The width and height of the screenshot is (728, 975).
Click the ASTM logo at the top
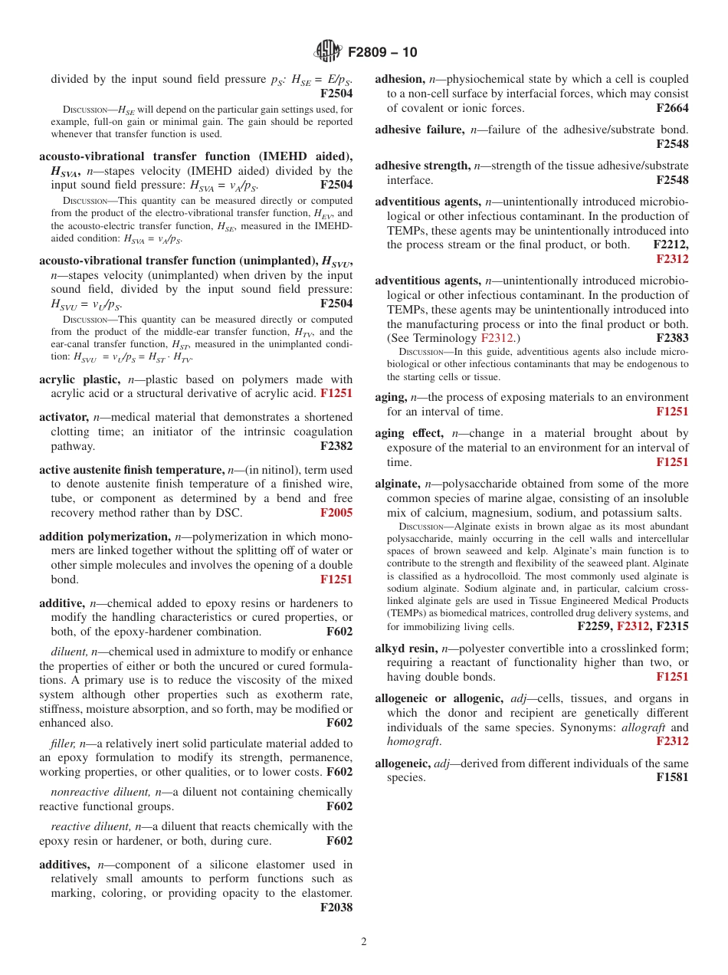tap(328, 52)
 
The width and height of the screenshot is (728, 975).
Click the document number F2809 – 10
tap(382, 52)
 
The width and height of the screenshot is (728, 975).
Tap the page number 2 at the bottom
tap(364, 942)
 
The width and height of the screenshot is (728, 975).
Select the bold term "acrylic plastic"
tap(79, 379)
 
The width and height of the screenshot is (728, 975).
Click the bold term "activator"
tap(64, 417)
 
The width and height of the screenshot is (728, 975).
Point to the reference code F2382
tap(336, 446)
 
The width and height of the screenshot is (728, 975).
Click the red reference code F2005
tap(336, 513)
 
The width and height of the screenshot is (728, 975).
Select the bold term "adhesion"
tap(399, 79)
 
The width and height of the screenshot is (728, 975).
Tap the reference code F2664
tap(672, 108)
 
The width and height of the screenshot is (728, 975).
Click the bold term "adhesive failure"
tap(419, 130)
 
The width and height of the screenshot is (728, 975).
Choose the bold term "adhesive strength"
tap(422, 166)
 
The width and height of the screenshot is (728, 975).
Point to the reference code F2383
tap(672, 338)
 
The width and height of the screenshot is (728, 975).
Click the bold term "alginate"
tap(397, 484)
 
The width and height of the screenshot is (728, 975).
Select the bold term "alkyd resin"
tap(406, 648)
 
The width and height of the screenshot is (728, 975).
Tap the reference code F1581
tap(672, 777)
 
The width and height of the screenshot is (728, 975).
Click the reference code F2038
tap(336, 908)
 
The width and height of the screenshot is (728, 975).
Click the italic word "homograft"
tap(413, 741)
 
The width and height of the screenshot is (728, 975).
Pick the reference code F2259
tap(595, 626)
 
